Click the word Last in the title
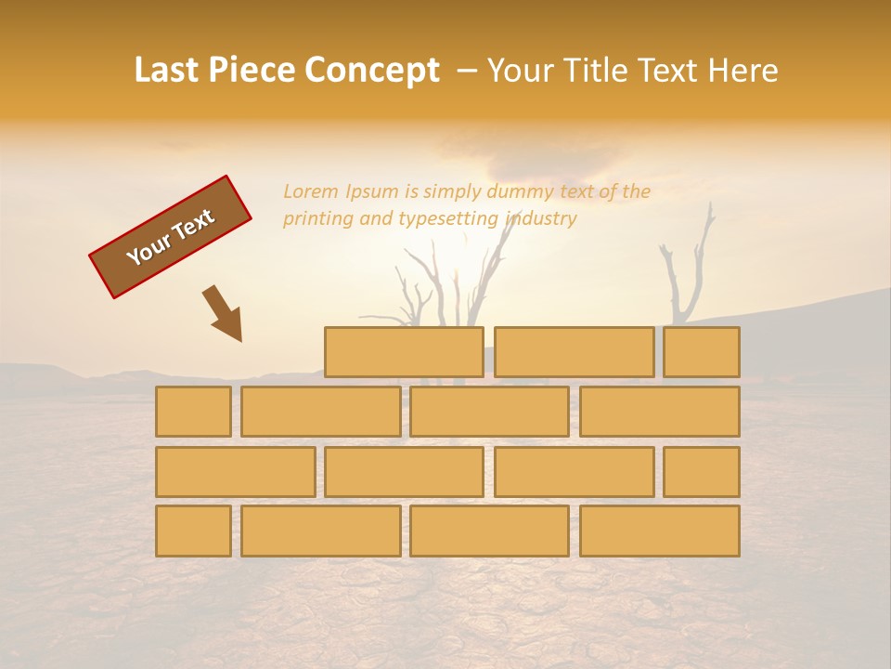168,70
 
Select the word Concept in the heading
372,70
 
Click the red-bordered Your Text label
171,236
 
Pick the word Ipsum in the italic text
371,192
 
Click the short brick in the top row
702,352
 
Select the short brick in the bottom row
193,531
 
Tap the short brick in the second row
193,412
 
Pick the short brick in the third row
702,472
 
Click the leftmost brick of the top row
404,352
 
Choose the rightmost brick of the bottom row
660,531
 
